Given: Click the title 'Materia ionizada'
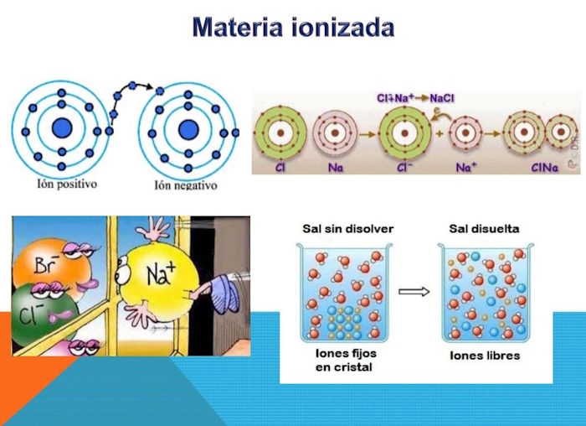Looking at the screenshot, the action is pyautogui.click(x=293, y=27).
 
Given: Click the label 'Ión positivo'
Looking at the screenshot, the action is pyautogui.click(x=67, y=184).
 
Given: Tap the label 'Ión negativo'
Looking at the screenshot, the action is pyautogui.click(x=186, y=185).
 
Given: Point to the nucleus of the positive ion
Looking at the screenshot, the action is pyautogui.click(x=62, y=127).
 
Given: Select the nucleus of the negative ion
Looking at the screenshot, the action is pyautogui.click(x=188, y=129).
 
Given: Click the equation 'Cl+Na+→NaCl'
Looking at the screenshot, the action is pyautogui.click(x=415, y=98).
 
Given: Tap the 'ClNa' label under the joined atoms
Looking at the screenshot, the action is pyautogui.click(x=544, y=168).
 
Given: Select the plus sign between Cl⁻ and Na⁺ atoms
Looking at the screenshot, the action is pyautogui.click(x=439, y=133).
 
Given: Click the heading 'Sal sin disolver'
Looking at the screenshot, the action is pyautogui.click(x=348, y=229).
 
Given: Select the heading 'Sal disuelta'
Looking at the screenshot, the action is pyautogui.click(x=485, y=229).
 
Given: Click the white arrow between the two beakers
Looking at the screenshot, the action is pyautogui.click(x=414, y=291).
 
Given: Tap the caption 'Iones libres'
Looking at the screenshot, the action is pyautogui.click(x=485, y=356).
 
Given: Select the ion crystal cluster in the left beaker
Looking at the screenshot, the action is pyautogui.click(x=344, y=320).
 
